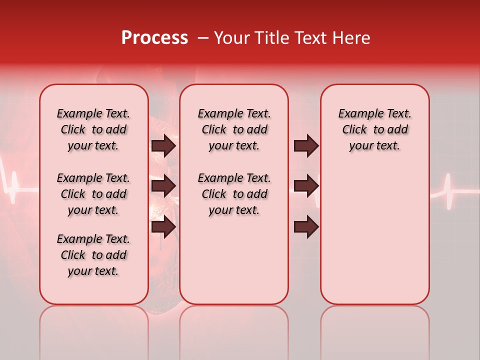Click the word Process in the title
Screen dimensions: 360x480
tap(154, 38)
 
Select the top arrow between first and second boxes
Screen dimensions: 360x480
tap(163, 146)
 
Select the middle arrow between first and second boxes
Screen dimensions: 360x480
tap(163, 186)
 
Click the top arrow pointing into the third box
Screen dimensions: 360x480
tap(306, 146)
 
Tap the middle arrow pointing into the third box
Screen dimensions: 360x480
tap(306, 186)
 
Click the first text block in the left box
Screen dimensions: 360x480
tap(93, 129)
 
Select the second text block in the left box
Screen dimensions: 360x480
tap(93, 194)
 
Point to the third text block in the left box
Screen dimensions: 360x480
tap(93, 255)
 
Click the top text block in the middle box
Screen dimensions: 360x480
tap(234, 129)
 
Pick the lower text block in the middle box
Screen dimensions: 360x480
tap(234, 194)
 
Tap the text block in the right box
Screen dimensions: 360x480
tap(374, 129)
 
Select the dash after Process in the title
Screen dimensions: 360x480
tap(203, 38)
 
